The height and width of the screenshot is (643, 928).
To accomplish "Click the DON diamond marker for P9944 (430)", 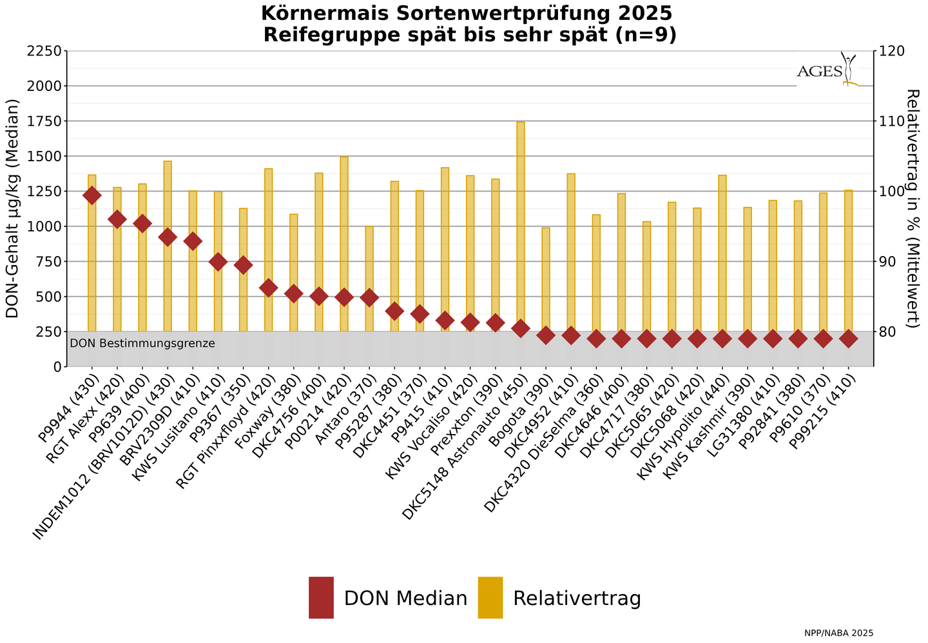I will click(x=92, y=195).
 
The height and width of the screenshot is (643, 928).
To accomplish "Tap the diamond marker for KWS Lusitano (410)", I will click(x=218, y=261).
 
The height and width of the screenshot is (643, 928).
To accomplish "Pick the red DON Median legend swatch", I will click(x=321, y=597).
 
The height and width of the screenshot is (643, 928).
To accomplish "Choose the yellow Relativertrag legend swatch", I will click(x=490, y=597).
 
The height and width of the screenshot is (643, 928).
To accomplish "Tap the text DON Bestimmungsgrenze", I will click(x=142, y=343).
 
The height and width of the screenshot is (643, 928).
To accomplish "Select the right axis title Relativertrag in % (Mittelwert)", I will click(x=913, y=208).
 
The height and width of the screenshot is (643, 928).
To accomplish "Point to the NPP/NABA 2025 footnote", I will click(x=838, y=633).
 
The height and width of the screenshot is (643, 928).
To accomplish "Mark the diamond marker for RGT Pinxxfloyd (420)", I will click(x=269, y=288).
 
